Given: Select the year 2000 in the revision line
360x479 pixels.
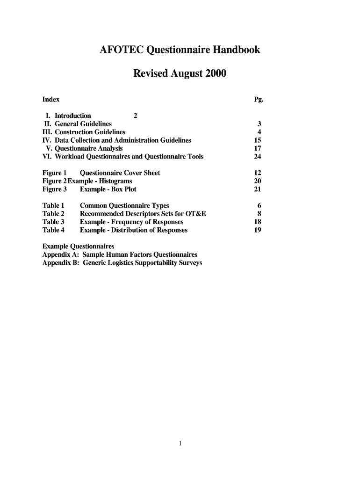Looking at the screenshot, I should pyautogui.click(x=214, y=73).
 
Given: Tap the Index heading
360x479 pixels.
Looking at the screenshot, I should pyautogui.click(x=51, y=99).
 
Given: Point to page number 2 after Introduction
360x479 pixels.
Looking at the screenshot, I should pyautogui.click(x=136, y=116).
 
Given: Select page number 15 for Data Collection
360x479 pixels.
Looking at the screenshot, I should pyautogui.click(x=258, y=140).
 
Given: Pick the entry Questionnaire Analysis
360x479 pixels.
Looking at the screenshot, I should pyautogui.click(x=89, y=148).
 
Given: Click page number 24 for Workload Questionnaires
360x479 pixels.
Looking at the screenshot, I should pyautogui.click(x=258, y=157).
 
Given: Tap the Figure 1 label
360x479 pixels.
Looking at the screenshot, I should pyautogui.click(x=55, y=173).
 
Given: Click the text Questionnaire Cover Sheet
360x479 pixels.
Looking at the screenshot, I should pyautogui.click(x=120, y=173).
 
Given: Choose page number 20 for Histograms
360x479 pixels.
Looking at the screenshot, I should pyautogui.click(x=258, y=181).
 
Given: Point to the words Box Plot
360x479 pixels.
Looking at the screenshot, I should pyautogui.click(x=124, y=189).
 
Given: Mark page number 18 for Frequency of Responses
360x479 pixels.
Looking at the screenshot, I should pyautogui.click(x=258, y=222).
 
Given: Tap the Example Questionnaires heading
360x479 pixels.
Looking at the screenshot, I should pyautogui.click(x=78, y=246).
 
